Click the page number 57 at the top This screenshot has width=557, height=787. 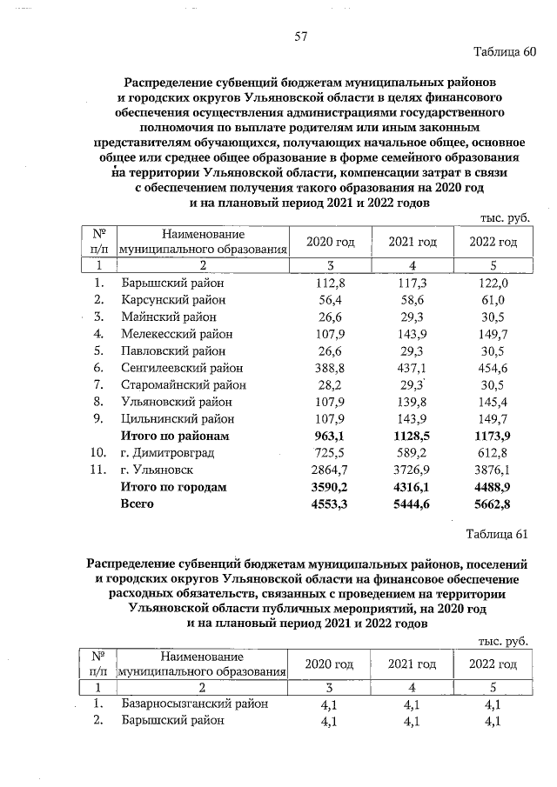pos(302,37)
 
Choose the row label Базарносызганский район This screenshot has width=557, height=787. pos(194,704)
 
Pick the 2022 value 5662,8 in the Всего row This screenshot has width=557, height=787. pos(493,504)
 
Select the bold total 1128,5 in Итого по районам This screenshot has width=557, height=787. pos(411,437)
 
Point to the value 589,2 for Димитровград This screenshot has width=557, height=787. pos(411,453)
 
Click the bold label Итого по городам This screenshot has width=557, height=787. pos(173,487)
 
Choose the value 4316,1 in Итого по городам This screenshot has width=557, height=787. pos(411,487)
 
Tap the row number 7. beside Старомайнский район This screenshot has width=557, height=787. pos(100,385)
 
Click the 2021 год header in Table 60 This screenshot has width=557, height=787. pos(412,241)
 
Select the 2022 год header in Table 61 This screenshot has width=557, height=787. pos(493,664)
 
